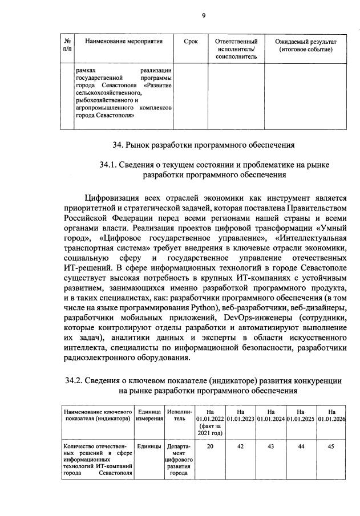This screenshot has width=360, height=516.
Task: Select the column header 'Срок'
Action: click(192, 42)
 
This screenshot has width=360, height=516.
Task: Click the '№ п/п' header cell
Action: click(67, 46)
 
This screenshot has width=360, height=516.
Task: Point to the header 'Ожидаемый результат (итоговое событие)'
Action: click(306, 46)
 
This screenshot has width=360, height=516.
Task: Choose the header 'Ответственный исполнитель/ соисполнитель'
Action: click(236, 50)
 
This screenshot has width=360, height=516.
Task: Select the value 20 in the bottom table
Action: click(210, 446)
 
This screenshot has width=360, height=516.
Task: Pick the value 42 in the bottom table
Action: click(240, 446)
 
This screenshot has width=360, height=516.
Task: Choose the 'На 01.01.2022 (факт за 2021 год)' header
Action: click(210, 423)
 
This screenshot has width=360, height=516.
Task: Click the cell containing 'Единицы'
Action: click(149, 446)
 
